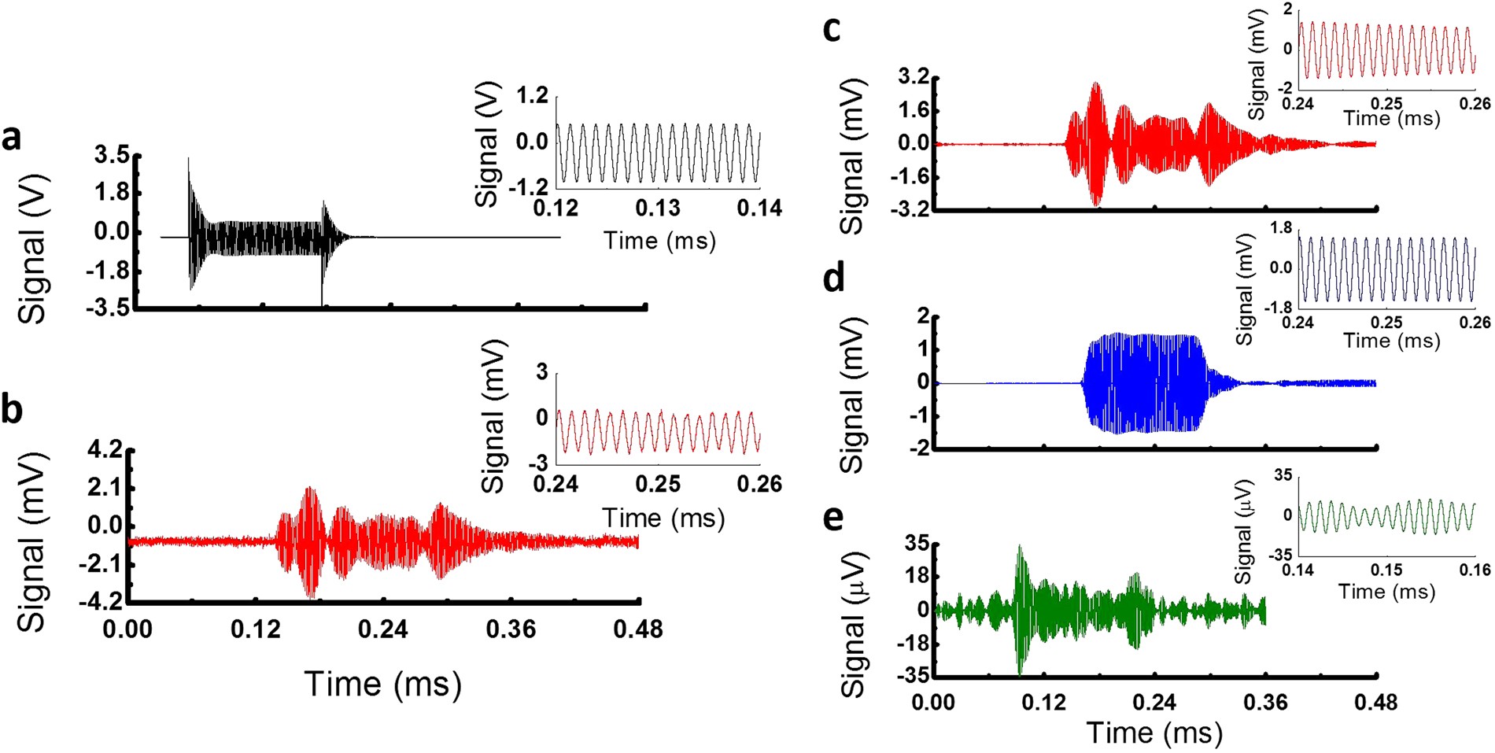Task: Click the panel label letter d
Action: pyautogui.click(x=832, y=278)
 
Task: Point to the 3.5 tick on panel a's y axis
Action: pyautogui.click(x=112, y=155)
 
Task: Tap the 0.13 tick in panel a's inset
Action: pyautogui.click(x=658, y=209)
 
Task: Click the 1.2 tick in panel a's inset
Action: pyautogui.click(x=531, y=97)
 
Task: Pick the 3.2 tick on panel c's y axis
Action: pyautogui.click(x=914, y=77)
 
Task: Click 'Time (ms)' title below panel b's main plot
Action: pyautogui.click(x=382, y=684)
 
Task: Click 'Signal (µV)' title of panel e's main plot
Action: pyautogui.click(x=854, y=624)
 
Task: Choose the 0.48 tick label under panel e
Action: pyautogui.click(x=1375, y=702)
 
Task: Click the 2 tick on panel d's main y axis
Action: pyautogui.click(x=922, y=316)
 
